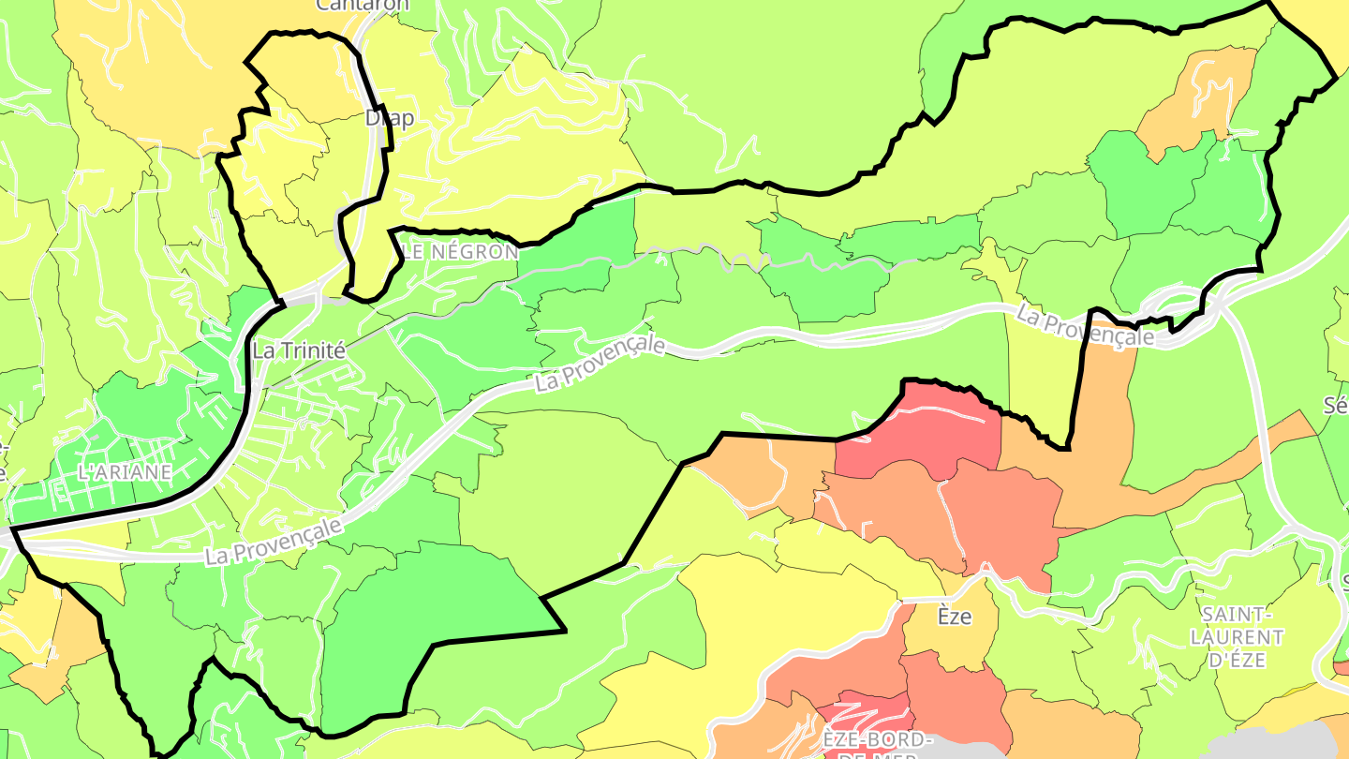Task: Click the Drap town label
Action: pyautogui.click(x=389, y=119)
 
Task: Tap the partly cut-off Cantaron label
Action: pyautogui.click(x=363, y=5)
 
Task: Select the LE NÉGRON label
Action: pyautogui.click(x=460, y=252)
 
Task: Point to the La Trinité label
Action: pyautogui.click(x=299, y=351)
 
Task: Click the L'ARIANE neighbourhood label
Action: pyautogui.click(x=125, y=472)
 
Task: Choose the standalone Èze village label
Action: pyautogui.click(x=955, y=617)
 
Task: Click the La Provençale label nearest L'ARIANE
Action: pyautogui.click(x=274, y=542)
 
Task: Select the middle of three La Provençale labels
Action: pyautogui.click(x=600, y=365)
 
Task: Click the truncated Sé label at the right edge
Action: pyautogui.click(x=1336, y=405)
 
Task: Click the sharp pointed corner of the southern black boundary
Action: pyautogui.click(x=564, y=630)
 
